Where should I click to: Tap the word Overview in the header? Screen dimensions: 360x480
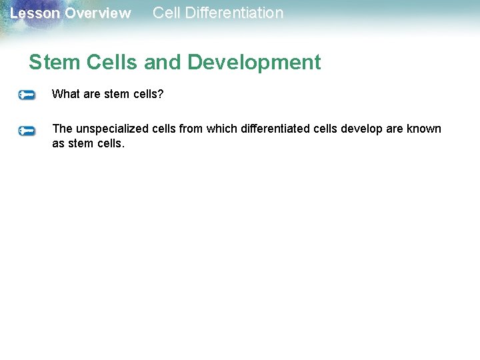[x=98, y=13]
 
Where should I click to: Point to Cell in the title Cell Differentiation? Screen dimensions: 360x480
[x=165, y=13]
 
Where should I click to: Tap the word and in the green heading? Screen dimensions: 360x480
[x=163, y=62]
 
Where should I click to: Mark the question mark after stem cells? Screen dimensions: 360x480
[x=160, y=94]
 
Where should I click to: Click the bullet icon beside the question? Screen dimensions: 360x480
[x=27, y=95]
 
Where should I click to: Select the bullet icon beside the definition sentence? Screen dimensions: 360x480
[x=27, y=131]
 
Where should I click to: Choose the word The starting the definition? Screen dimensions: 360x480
[x=62, y=129]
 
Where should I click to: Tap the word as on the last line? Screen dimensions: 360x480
[x=59, y=143]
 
